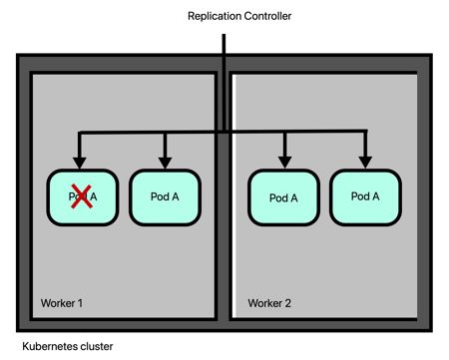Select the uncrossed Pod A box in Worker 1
pyautogui.click(x=166, y=195)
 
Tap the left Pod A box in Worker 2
pyautogui.click(x=283, y=197)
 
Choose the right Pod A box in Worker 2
pyautogui.click(x=365, y=196)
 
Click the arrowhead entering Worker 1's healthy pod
pyautogui.click(x=166, y=162)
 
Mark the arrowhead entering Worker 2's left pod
pyautogui.click(x=284, y=162)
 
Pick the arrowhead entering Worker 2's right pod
pyautogui.click(x=365, y=162)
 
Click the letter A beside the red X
pyautogui.click(x=93, y=196)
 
